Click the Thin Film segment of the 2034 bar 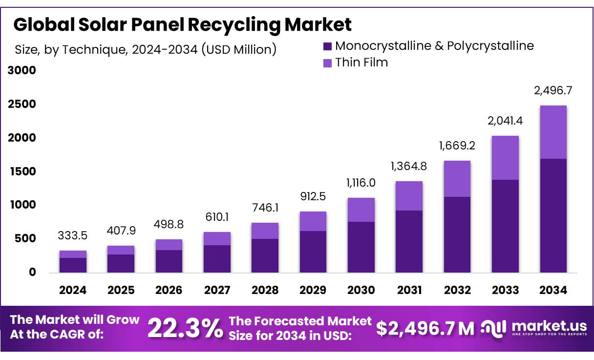pos(553,132)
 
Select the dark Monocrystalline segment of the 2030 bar pos(361,247)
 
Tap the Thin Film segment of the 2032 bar pos(457,179)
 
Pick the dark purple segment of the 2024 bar pos(73,265)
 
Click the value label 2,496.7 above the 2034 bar pos(553,91)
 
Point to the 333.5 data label pos(73,236)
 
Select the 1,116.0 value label pos(361,183)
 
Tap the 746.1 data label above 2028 pos(265,208)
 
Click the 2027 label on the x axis pos(217,290)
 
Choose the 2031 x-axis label pos(409,290)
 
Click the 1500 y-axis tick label pos(22,171)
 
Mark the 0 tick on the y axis pos(33,272)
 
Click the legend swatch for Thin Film pos(327,63)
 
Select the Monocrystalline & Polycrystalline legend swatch pos(327,46)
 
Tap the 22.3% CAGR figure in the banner pos(184,328)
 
